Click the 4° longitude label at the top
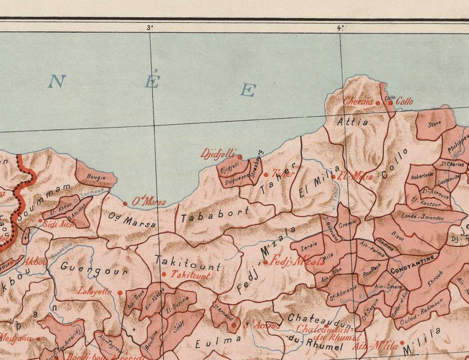pyautogui.click(x=341, y=27)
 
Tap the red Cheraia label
pyautogui.click(x=358, y=101)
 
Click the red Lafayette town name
pyautogui.click(x=94, y=291)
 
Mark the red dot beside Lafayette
pyautogui.click(x=120, y=291)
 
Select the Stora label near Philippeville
pyautogui.click(x=434, y=124)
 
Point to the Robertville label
pyautogui.click(x=423, y=176)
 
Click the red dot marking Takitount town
pyautogui.click(x=164, y=274)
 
